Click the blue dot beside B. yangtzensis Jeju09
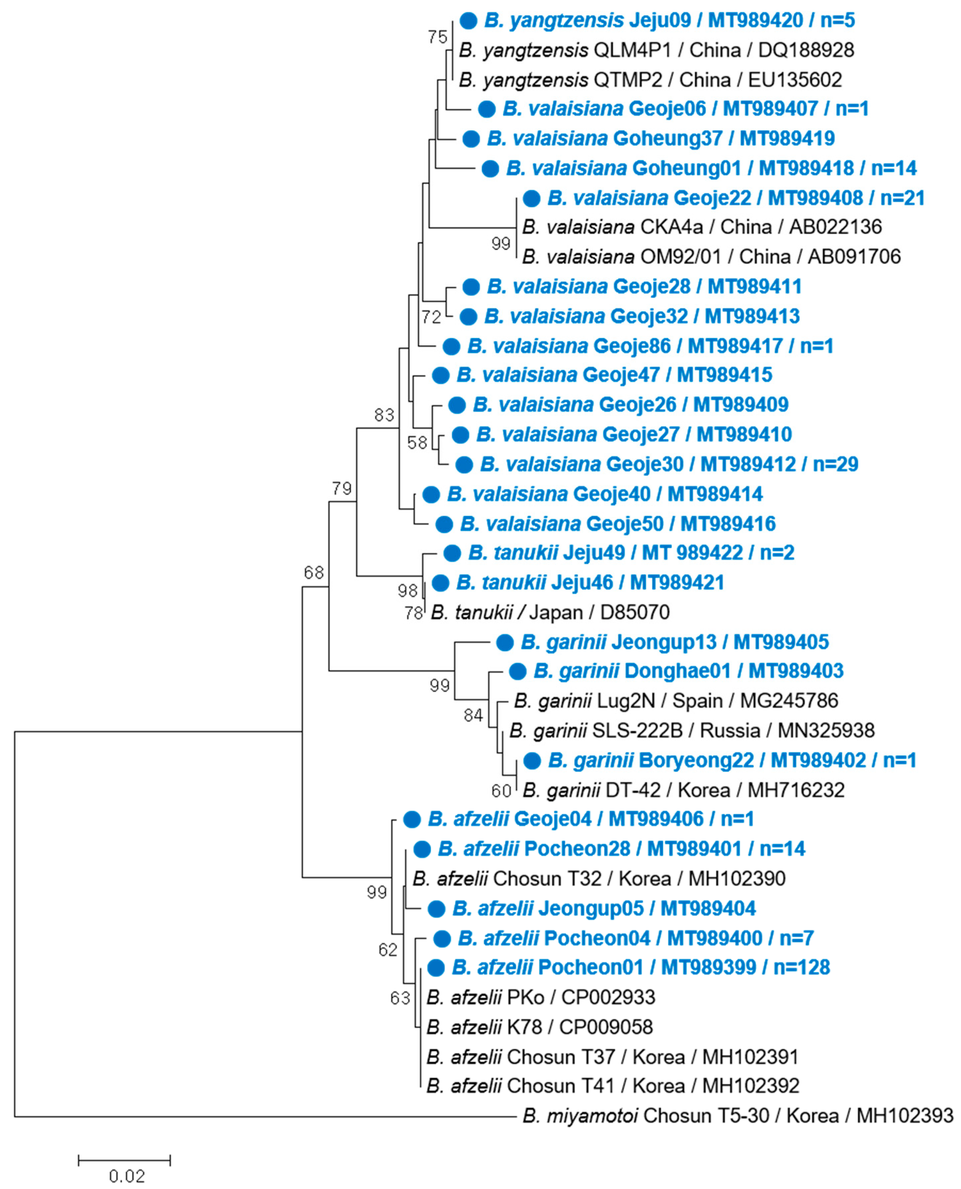[468, 21]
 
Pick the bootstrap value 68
[314, 572]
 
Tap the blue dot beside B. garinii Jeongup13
[504, 642]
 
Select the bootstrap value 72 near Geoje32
[431, 317]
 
